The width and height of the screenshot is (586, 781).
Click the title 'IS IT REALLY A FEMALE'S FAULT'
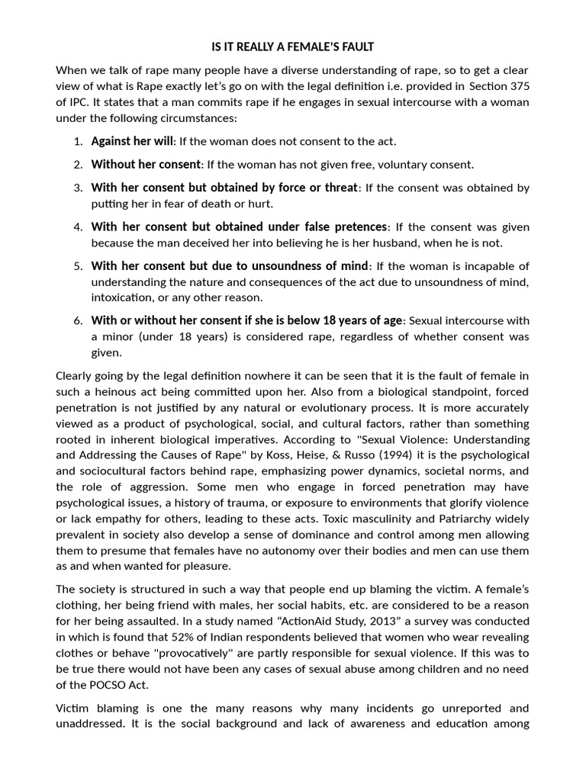(x=293, y=47)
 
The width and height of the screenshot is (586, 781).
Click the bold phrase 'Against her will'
(x=133, y=141)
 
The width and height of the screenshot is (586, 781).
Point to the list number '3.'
(x=78, y=188)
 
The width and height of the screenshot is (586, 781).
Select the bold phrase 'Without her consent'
(x=146, y=164)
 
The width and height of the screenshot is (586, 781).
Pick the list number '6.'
(x=78, y=321)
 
